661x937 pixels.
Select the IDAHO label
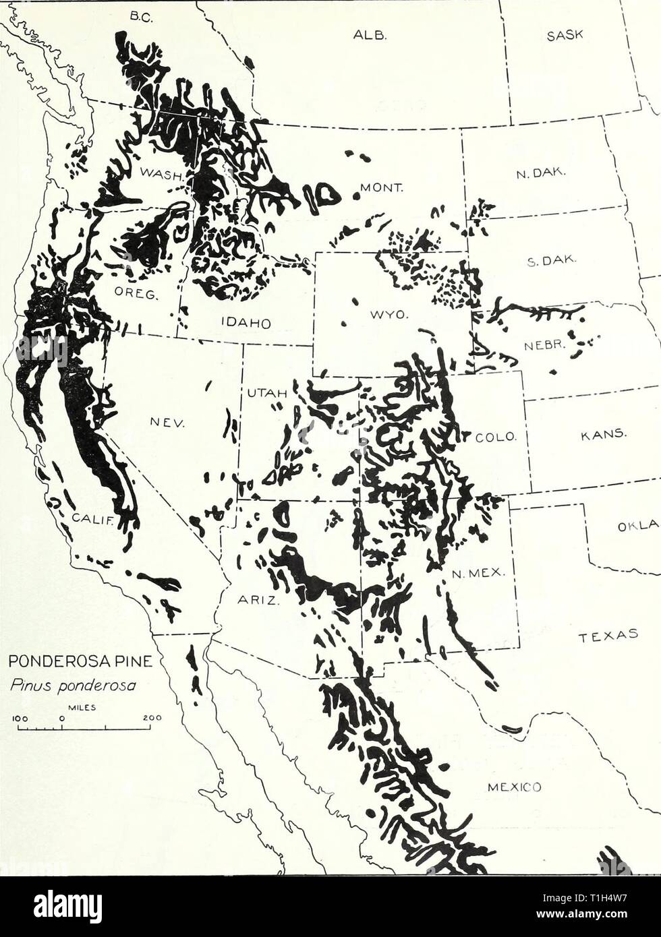[245, 322]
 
